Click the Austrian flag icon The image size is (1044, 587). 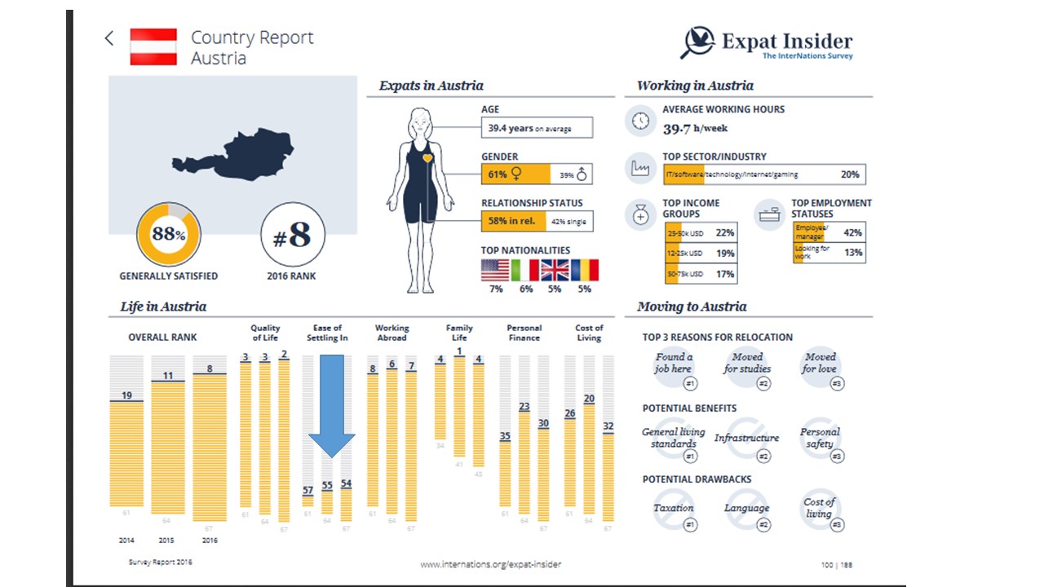point(153,46)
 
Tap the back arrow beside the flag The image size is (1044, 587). point(109,38)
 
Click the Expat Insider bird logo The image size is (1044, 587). point(697,42)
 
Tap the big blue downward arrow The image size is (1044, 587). point(331,407)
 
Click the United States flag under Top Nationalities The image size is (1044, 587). point(495,270)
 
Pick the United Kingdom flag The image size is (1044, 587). point(555,270)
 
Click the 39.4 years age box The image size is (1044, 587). point(537,128)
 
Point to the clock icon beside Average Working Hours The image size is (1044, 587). point(641,121)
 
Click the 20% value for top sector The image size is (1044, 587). point(849,174)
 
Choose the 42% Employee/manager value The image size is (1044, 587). point(852,232)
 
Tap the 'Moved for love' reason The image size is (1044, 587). point(820,364)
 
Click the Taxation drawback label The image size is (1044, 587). point(673,508)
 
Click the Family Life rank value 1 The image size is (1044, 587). point(460,352)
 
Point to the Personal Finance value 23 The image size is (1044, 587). point(524,407)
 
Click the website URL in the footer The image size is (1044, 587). point(490,564)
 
